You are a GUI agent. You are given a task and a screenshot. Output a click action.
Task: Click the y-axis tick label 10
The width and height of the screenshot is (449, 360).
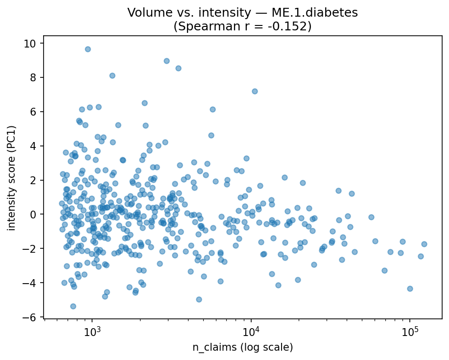click(33, 43)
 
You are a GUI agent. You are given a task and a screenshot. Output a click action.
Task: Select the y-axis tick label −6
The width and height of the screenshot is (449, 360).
click(33, 317)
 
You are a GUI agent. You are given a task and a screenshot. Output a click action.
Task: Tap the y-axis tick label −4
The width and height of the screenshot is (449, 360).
click(33, 283)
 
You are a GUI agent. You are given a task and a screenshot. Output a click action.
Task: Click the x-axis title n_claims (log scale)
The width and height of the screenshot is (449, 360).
click(243, 348)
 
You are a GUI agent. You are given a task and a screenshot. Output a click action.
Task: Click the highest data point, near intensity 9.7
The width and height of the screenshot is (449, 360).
click(88, 49)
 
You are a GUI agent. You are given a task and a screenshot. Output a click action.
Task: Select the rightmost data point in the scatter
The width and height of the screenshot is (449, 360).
click(424, 244)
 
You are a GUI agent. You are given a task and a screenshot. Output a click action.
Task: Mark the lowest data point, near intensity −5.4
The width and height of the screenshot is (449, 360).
click(73, 306)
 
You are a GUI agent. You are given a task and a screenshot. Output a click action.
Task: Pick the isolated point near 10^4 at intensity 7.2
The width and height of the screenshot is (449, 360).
click(255, 91)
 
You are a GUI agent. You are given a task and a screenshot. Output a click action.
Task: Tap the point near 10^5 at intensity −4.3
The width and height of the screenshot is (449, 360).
click(410, 288)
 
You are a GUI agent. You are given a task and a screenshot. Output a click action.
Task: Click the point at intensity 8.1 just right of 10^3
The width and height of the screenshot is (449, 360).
click(112, 75)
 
